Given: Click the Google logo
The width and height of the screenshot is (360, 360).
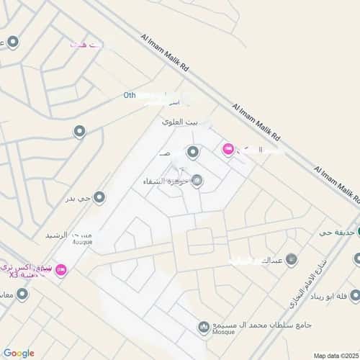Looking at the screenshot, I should (x=18, y=353).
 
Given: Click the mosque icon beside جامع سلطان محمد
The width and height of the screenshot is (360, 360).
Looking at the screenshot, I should (x=204, y=327).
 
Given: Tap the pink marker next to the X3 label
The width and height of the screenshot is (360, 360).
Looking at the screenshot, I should (x=60, y=269).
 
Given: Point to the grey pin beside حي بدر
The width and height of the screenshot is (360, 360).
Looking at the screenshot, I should (x=99, y=197).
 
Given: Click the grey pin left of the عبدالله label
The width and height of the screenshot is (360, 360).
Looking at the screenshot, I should (x=291, y=259).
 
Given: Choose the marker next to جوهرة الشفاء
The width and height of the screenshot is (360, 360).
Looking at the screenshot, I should (x=197, y=181).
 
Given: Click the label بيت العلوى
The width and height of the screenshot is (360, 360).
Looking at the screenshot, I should (x=179, y=122).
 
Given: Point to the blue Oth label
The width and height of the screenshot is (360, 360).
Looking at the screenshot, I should (x=130, y=94).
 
